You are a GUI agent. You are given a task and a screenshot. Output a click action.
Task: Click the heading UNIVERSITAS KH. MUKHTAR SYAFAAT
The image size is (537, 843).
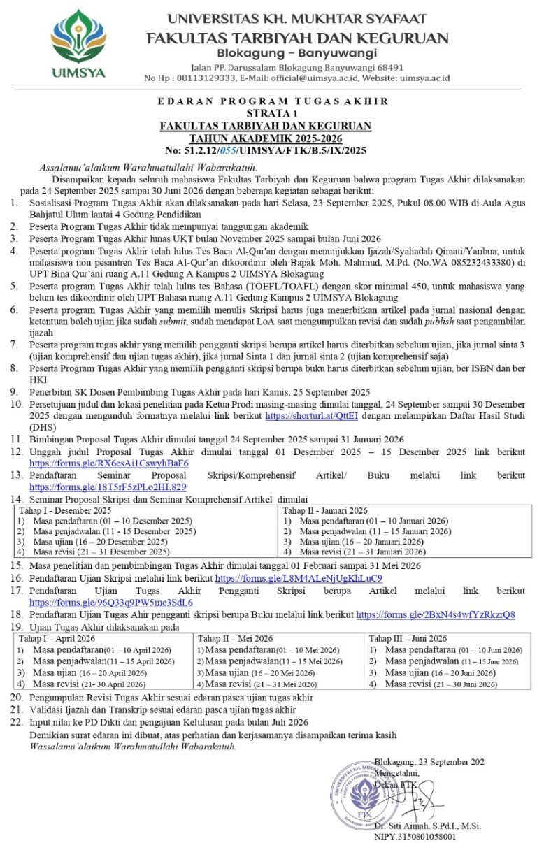tap(297, 19)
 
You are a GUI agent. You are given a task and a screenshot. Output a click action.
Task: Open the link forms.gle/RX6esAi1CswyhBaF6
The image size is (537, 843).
tap(108, 463)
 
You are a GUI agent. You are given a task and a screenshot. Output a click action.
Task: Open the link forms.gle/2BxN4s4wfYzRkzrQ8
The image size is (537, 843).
tap(436, 614)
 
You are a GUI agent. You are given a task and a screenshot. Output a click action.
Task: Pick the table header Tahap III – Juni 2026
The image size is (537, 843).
tap(408, 638)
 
